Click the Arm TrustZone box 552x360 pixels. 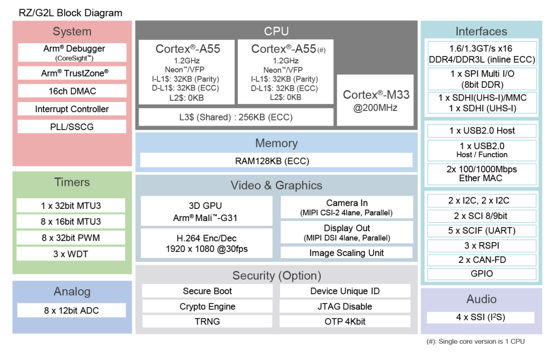72,73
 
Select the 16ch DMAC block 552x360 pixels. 72,91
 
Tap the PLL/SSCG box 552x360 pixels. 72,127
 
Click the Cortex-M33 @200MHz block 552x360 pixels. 375,101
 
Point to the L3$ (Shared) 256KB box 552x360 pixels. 236,117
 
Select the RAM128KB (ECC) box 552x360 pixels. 276,161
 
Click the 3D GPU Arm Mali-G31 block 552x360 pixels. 206,211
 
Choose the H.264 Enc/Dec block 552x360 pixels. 206,243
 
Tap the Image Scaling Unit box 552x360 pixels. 346,253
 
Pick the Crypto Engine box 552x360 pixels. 207,306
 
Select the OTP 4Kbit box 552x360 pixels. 345,321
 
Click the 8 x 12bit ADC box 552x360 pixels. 71,310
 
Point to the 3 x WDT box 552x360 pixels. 71,254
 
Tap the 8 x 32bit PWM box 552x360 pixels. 71,238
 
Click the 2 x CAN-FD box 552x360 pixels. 482,260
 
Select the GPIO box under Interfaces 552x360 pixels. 482,274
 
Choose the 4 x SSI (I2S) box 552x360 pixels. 480,317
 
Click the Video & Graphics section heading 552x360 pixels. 276,185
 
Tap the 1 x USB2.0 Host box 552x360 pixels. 482,131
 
